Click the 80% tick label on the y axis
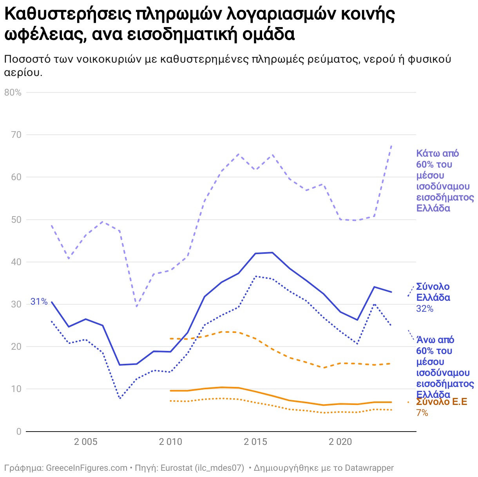coord(13,92)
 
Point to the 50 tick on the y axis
coord(16,220)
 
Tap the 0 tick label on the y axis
coord(19,432)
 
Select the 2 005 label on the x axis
coord(85,442)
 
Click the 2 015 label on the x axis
coord(255,442)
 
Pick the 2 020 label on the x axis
coord(340,442)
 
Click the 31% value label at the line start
coord(39,302)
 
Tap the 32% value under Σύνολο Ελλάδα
coord(425,309)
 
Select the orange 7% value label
coord(422,413)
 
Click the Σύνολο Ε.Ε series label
coord(442,402)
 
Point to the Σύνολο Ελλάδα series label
coord(433,292)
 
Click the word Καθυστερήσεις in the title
coord(67,15)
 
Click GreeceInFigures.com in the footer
coord(87,468)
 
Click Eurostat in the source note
coord(176,468)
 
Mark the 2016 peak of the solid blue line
coord(272,253)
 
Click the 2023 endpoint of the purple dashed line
coord(391,145)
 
